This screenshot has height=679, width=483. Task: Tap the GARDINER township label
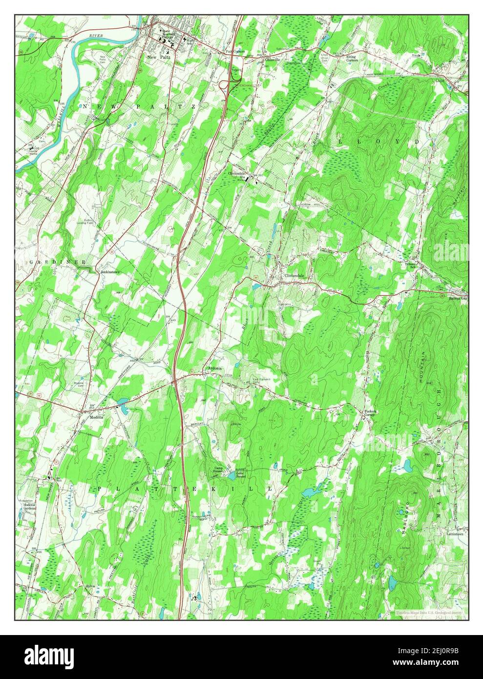click(x=51, y=262)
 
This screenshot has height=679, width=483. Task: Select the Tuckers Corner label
click(x=370, y=413)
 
